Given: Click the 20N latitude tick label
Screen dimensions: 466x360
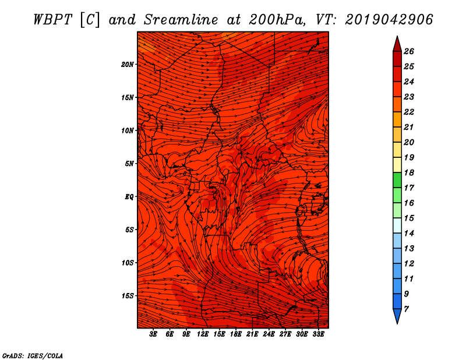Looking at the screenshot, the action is (128, 65).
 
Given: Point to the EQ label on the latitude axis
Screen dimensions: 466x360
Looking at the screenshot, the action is (129, 197).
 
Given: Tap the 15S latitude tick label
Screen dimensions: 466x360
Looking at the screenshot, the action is (128, 296).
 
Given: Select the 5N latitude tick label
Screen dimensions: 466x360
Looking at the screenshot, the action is (129, 164).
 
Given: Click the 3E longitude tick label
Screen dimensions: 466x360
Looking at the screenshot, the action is (153, 334).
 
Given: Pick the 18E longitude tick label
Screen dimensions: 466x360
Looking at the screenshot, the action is (236, 334).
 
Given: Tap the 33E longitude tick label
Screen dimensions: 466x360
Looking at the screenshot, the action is (318, 334).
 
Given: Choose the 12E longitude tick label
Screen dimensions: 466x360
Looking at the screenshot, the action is (202, 334).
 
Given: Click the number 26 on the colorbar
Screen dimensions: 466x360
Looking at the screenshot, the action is (409, 51).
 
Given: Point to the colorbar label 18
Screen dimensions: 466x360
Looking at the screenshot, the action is (409, 172).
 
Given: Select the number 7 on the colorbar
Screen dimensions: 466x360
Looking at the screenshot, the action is (406, 309).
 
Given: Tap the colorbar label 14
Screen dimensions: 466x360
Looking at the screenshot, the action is (409, 234).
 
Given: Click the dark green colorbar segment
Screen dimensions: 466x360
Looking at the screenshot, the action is (397, 180).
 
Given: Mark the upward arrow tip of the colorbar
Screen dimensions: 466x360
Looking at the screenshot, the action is (397, 36).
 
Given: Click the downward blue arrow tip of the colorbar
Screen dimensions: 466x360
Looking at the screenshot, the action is (397, 323).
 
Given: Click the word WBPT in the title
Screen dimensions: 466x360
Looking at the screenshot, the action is (53, 20).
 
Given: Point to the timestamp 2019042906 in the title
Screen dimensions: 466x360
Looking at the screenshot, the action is (389, 20).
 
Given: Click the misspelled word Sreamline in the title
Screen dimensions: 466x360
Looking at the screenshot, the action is (181, 20).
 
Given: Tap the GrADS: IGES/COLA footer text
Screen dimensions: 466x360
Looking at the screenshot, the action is (33, 356).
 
